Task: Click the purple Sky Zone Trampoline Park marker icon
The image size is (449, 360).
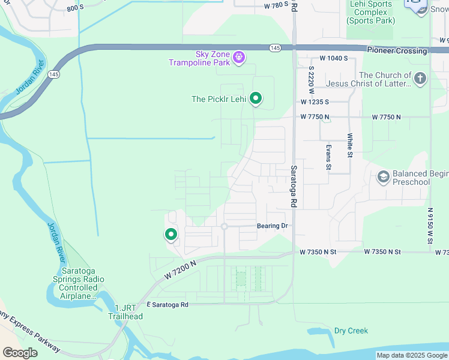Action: point(239,58)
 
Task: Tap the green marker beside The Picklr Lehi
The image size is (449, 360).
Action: point(256,98)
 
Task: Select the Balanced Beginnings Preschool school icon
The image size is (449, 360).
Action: point(383,177)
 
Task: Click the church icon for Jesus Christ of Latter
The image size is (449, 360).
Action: point(420,78)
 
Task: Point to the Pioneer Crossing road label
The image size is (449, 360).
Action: point(397,51)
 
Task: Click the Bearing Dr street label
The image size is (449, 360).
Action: point(273,226)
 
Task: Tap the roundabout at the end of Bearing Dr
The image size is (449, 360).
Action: point(224,226)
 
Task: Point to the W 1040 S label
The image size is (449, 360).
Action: point(334,58)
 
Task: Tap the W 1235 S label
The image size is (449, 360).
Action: point(316,103)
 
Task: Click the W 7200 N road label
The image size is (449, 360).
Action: point(180,268)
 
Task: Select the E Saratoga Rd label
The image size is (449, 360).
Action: point(163,305)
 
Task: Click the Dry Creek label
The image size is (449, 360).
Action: point(351,331)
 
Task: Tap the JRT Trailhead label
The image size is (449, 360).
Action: point(125,312)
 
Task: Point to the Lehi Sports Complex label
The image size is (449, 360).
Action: point(371,12)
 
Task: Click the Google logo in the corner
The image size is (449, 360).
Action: point(20,353)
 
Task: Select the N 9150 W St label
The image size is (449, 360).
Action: point(430,226)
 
